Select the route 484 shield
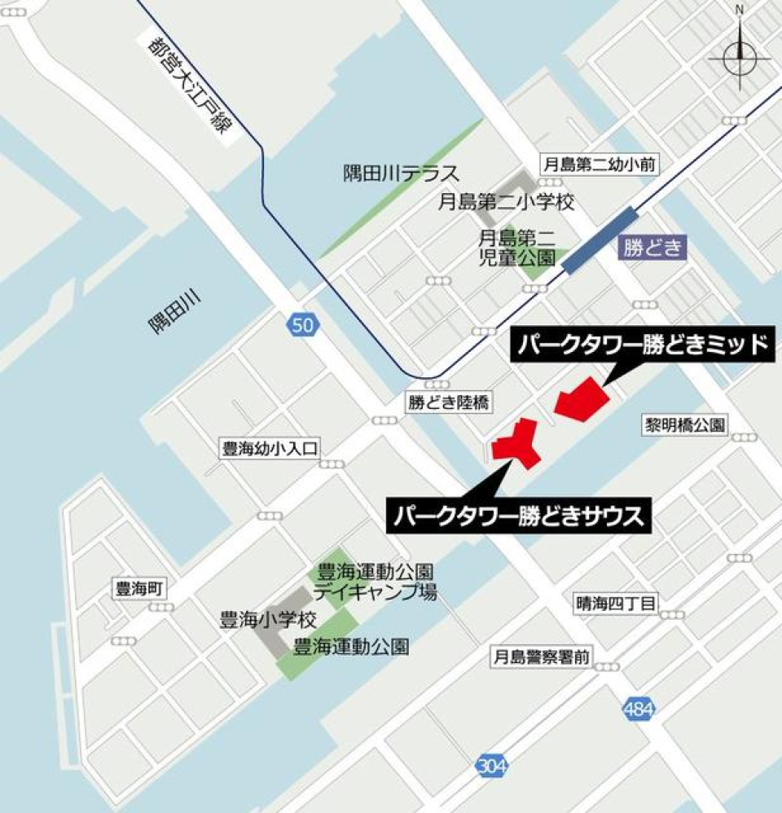[639, 709]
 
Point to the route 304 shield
[490, 766]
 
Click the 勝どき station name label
[652, 248]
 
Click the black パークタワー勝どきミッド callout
[640, 346]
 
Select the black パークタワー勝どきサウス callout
[520, 516]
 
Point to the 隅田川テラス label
[400, 174]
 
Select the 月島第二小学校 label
[507, 200]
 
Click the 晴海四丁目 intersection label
[616, 604]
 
